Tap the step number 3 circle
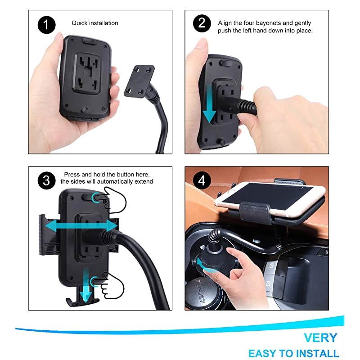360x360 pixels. pos(46,181)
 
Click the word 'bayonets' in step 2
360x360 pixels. pos(274,23)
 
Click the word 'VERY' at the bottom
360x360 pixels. pos(320,337)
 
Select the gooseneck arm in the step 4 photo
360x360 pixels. pos(243,241)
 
